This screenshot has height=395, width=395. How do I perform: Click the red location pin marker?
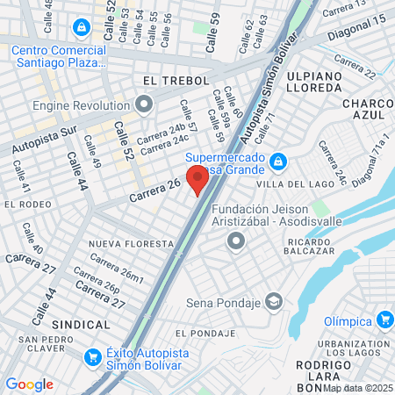click(197, 182)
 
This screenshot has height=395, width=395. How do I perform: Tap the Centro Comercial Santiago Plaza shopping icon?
click(82, 28)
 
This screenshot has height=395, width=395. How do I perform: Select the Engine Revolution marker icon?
click(145, 105)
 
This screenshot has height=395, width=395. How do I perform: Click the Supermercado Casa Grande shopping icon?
click(278, 161)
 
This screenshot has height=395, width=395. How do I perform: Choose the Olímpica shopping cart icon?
click(384, 320)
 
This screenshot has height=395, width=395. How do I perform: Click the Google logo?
click(29, 384)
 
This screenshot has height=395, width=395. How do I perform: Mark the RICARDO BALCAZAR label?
click(307, 245)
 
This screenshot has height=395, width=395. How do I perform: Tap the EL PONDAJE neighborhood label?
click(205, 334)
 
